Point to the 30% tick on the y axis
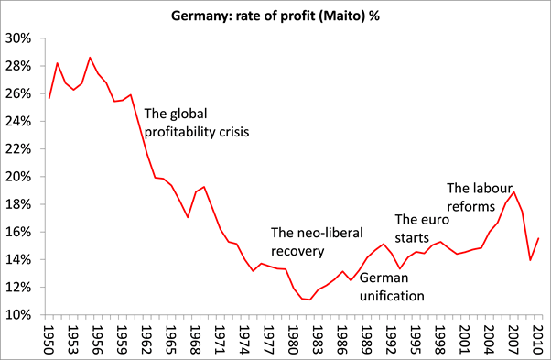(19, 38)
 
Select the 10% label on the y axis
(19, 314)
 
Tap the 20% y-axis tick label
(19, 177)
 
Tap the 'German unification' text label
(392, 287)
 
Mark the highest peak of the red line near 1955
(91, 58)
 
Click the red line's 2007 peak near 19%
(515, 192)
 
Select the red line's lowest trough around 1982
(311, 300)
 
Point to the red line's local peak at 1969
(203, 187)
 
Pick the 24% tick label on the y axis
(19, 121)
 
